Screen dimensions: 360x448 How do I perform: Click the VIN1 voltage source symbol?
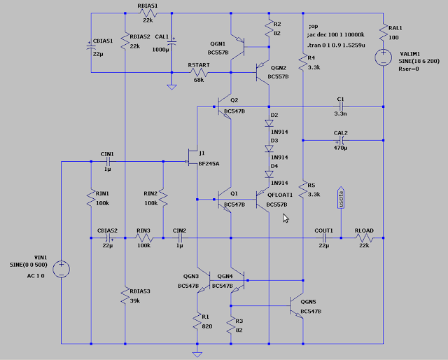(62, 268)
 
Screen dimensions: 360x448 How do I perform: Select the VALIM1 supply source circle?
(384, 57)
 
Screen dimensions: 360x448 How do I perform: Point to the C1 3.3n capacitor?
(341, 106)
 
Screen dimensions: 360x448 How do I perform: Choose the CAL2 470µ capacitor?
(341, 140)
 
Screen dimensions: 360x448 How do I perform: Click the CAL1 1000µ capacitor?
(172, 44)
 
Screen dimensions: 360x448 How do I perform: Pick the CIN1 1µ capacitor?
(108, 162)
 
